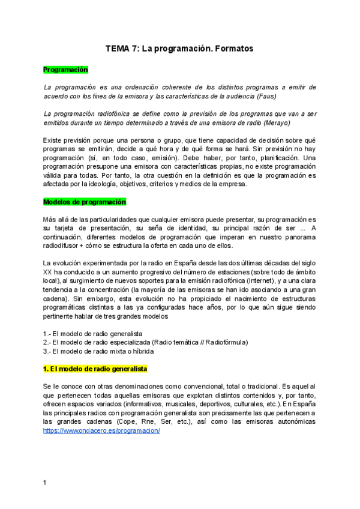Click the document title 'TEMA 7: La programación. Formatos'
pyautogui.click(x=179, y=48)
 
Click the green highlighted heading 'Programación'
pyautogui.click(x=65, y=70)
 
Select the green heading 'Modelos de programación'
pyautogui.click(x=83, y=202)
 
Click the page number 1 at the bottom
pyautogui.click(x=44, y=482)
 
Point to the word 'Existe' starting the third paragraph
pyautogui.click(x=53, y=140)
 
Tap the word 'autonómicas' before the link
pyautogui.click(x=294, y=421)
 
